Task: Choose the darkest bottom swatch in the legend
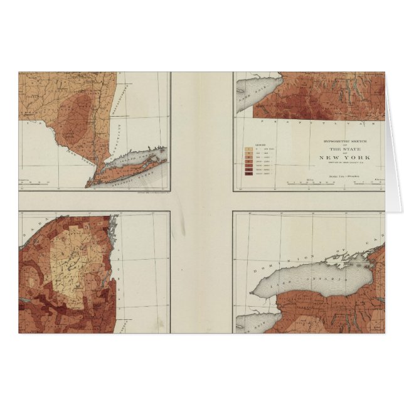[x=247, y=174]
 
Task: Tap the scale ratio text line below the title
[x=344, y=176]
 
